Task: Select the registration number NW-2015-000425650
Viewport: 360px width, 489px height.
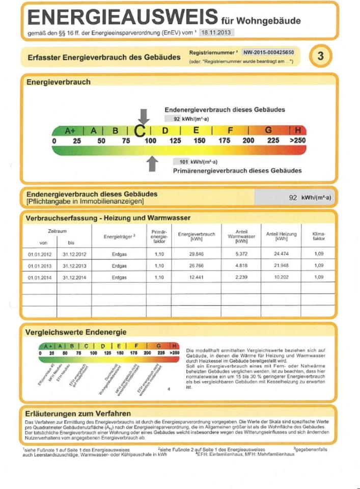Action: coord(271,52)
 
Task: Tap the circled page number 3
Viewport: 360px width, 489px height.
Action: coord(320,56)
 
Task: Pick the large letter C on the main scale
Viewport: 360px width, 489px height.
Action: coord(141,131)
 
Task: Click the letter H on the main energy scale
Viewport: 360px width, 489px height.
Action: coord(298,130)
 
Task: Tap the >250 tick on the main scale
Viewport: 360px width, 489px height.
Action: coord(297,140)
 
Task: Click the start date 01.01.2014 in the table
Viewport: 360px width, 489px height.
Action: coord(39,277)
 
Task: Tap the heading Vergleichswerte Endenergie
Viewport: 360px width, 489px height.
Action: coord(76,332)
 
